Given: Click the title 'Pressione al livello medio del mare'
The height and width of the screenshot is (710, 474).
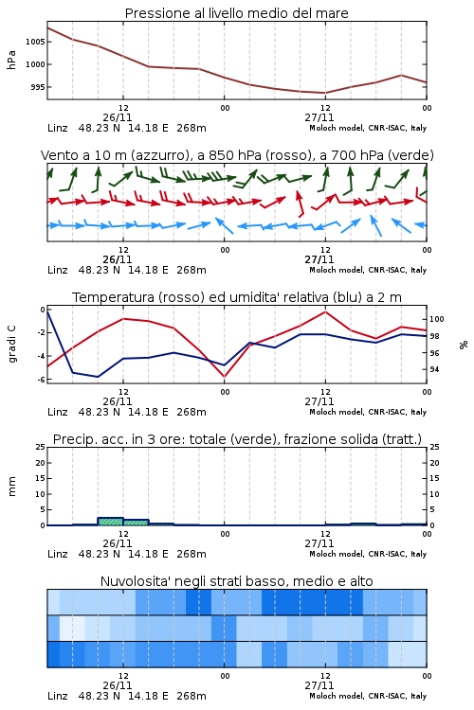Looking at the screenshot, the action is (x=236, y=13).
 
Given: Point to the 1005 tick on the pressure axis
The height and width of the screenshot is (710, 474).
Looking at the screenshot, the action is (x=35, y=42).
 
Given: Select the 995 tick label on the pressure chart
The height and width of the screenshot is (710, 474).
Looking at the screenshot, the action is (x=38, y=87).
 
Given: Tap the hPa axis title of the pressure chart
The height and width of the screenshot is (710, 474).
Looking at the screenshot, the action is (x=11, y=60).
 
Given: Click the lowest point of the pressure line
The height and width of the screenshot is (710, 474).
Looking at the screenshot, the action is (x=325, y=93).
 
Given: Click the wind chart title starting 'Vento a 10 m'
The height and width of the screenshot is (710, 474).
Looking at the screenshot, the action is (x=237, y=155).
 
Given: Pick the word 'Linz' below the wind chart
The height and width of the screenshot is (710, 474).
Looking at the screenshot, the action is (x=58, y=270).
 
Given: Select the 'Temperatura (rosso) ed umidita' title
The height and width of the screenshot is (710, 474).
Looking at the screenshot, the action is (x=237, y=297).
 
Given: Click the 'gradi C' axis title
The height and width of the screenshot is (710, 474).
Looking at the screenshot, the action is (x=12, y=344).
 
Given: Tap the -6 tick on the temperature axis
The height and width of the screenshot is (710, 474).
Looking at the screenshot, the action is (x=41, y=380).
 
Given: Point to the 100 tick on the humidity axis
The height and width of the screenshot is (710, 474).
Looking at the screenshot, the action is (x=436, y=319).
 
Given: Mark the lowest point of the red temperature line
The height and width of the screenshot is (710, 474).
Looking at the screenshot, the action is (x=224, y=376).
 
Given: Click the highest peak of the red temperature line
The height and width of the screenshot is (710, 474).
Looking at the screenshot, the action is (x=325, y=311).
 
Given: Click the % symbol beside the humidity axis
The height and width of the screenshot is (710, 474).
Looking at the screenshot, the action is (x=464, y=345).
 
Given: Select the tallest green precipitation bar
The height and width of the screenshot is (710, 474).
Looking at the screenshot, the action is (x=110, y=522).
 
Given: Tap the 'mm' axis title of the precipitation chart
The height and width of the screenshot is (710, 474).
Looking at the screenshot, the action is (x=11, y=487).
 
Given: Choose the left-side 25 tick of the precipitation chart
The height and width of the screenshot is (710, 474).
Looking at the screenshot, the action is (x=41, y=447).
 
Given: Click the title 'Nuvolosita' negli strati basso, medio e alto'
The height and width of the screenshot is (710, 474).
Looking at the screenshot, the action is (x=237, y=581).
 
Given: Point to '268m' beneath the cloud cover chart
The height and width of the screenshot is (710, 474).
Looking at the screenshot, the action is (x=191, y=696).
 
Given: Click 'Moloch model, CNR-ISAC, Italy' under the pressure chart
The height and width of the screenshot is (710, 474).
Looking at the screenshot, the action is (x=368, y=128).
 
